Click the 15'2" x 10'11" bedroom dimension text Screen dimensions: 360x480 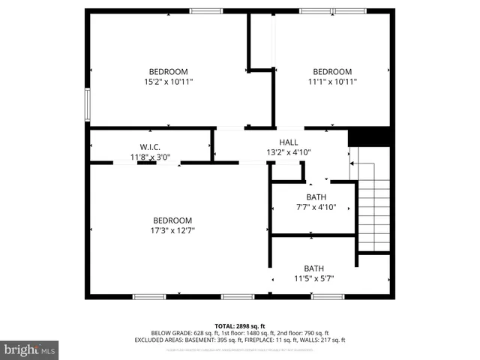[169, 82]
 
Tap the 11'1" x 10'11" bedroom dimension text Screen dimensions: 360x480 [332, 82]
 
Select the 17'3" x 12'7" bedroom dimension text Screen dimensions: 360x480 [172, 230]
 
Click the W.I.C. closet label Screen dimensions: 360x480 [150, 147]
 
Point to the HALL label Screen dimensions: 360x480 [289, 142]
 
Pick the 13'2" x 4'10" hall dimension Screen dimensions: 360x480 [289, 152]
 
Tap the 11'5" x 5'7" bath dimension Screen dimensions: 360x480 [313, 279]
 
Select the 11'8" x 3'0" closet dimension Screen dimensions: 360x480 [150, 157]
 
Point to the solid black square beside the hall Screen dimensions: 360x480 [370, 136]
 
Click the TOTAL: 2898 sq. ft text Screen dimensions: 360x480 [239, 326]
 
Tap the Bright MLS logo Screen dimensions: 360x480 [30, 349]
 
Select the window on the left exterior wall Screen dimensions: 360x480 [88, 104]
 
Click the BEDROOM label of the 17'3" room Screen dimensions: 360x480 [172, 220]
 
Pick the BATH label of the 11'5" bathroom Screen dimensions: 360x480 [313, 268]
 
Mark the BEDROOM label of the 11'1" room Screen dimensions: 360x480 [332, 72]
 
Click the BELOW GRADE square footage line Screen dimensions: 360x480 [239, 333]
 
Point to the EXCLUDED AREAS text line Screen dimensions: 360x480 [239, 340]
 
